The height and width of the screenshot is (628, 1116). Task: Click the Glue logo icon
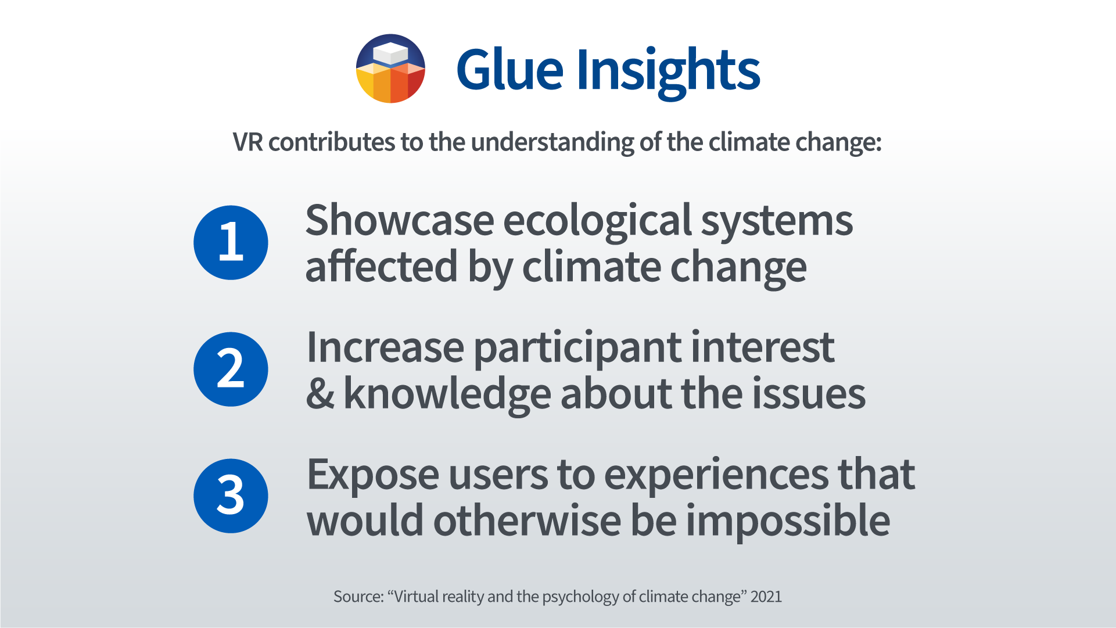pos(390,69)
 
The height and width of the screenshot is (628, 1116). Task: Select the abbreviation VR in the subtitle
pos(248,142)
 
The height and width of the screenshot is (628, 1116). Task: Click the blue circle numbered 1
pos(231,242)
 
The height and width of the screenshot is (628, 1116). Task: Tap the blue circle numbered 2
pos(231,369)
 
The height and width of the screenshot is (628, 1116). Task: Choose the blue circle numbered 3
pos(231,496)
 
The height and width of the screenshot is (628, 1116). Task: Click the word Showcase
pos(400,221)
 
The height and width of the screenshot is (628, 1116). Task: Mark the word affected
pos(382,267)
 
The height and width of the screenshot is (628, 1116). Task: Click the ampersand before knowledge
pos(321,394)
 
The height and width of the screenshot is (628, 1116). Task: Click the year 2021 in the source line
pos(766,597)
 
